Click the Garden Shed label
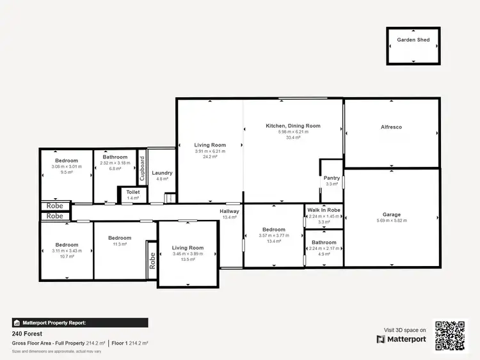point(413,40)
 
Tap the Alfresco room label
point(391,127)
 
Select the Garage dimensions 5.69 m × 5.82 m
point(392,221)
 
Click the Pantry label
point(332,178)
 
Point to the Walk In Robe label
point(323,210)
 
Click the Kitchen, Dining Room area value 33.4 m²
point(293,137)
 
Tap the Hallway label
point(229,211)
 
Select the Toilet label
point(132,192)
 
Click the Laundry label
point(162,173)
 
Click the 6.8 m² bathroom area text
point(115,169)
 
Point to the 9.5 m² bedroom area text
point(67,172)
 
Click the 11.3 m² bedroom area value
point(120,244)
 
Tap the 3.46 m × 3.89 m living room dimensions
point(188,254)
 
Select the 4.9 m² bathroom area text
point(324,254)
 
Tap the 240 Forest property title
point(27,334)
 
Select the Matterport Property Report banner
point(80,323)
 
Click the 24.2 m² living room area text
point(210,157)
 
